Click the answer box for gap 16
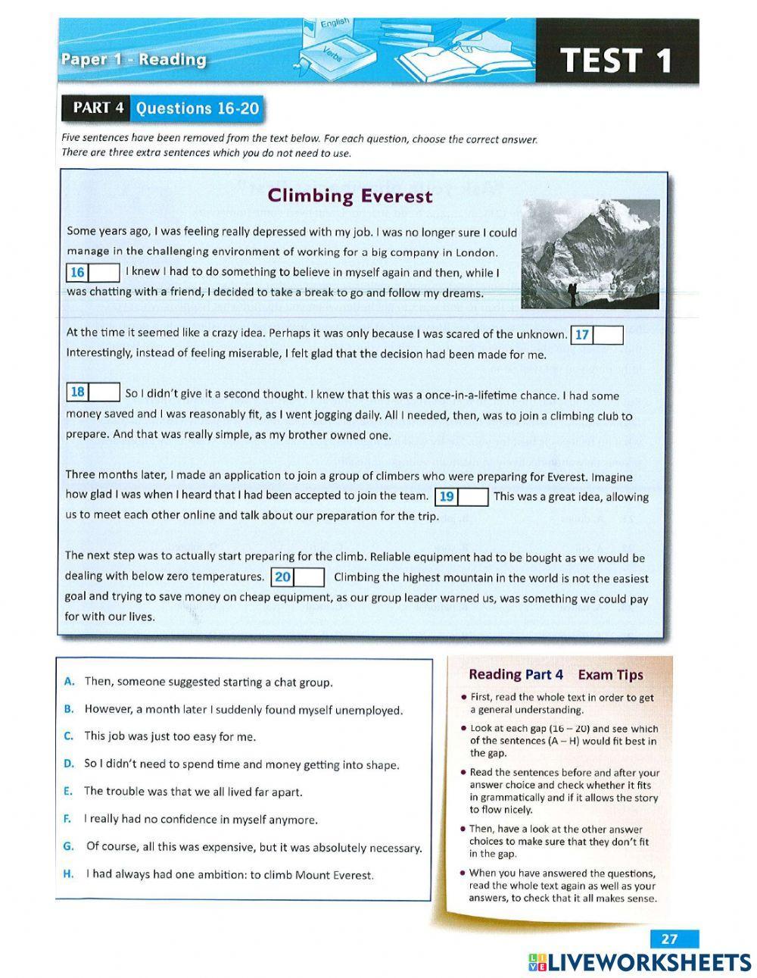click(x=104, y=272)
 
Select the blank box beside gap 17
click(x=608, y=336)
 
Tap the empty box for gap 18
click(x=105, y=392)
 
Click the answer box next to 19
click(x=473, y=497)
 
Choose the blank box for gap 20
click(x=310, y=577)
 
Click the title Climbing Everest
click(x=350, y=196)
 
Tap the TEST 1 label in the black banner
click(x=616, y=61)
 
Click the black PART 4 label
click(x=98, y=108)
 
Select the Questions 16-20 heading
click(x=197, y=108)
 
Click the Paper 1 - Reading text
click(x=133, y=60)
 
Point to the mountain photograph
click(x=590, y=254)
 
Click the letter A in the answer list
click(x=69, y=682)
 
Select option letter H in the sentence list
click(x=69, y=874)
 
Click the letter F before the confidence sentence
click(x=67, y=819)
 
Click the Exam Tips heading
click(x=610, y=674)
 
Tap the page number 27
click(x=669, y=939)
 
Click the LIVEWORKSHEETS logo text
click(x=648, y=962)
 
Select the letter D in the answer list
click(x=69, y=764)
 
